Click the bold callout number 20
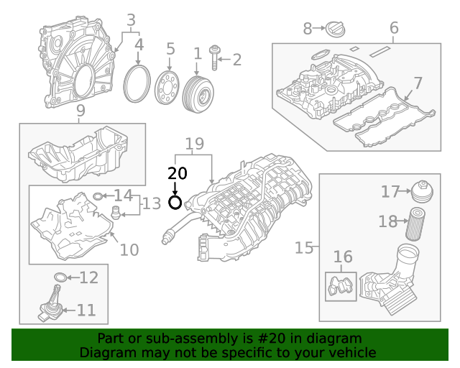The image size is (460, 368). [177, 173]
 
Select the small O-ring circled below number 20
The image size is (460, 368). [175, 202]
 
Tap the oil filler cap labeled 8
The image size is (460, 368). [335, 29]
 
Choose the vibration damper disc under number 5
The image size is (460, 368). [167, 88]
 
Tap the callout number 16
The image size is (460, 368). [343, 257]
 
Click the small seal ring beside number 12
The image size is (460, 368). [62, 277]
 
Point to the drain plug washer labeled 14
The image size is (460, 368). [98, 195]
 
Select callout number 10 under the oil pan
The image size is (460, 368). [129, 250]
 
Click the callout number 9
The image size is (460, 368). [80, 111]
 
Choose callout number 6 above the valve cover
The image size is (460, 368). [394, 28]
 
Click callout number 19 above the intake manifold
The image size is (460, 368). [194, 144]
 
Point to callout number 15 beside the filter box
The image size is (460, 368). [305, 248]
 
